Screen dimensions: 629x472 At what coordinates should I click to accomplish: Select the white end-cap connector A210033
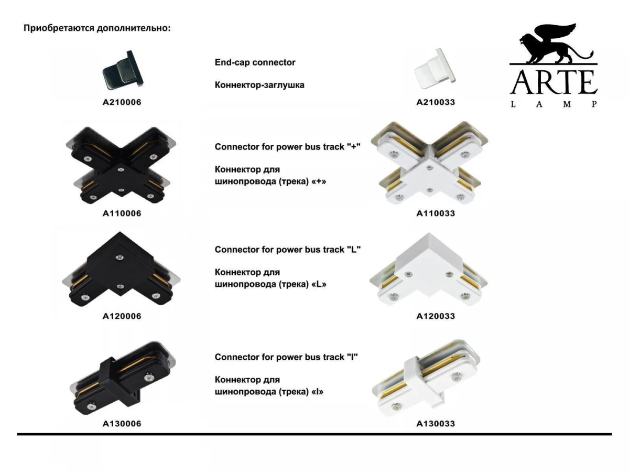point(435,69)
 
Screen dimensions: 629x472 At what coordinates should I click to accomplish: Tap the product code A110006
point(122,213)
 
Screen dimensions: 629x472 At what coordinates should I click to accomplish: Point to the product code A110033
point(436,213)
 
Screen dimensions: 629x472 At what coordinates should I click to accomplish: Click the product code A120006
point(122,316)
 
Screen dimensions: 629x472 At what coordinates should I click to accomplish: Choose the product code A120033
point(436,316)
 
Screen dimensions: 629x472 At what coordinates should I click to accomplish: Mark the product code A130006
point(122,424)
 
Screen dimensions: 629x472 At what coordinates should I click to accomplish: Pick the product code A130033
point(436,424)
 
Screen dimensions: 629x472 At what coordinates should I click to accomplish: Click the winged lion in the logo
point(553,45)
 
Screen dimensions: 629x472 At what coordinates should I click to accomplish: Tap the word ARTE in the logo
point(554,82)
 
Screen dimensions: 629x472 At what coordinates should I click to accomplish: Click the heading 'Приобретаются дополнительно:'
point(97,28)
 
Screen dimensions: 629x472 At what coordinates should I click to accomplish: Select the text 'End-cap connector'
point(255,62)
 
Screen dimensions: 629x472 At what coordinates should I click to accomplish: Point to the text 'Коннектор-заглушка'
point(259,85)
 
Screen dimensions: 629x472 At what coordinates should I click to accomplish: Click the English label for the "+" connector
point(287,147)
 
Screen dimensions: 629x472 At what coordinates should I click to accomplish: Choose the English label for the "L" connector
point(287,250)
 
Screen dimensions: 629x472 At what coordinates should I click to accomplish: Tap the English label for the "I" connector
point(286,357)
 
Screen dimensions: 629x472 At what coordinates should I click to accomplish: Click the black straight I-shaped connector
point(123,378)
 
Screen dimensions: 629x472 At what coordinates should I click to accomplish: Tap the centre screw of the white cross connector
point(429,168)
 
